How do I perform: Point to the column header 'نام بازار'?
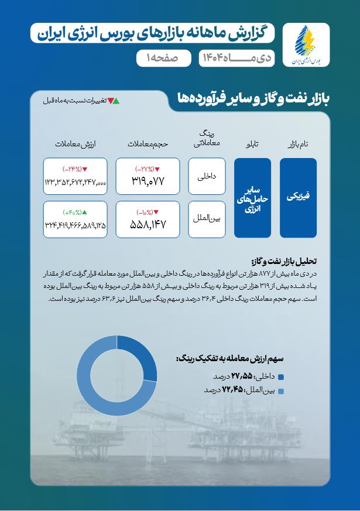298,143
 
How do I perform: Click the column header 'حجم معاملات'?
147,143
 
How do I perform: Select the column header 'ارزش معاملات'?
75,143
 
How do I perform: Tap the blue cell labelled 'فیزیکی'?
298,198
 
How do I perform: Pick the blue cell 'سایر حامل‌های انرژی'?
252,198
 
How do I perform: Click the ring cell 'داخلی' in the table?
208,176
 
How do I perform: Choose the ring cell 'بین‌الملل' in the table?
208,219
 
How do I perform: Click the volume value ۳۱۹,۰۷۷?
148,181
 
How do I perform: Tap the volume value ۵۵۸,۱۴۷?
148,224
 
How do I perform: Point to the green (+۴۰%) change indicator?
74,212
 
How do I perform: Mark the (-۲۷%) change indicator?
148,169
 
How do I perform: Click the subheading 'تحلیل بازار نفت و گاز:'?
283,261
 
